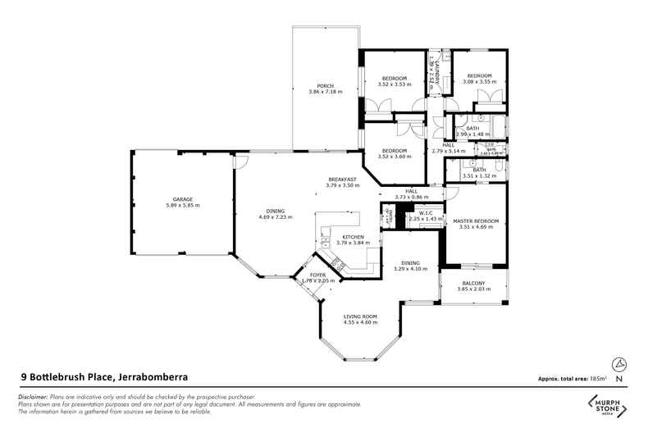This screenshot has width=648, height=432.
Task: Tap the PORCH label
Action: tap(325, 85)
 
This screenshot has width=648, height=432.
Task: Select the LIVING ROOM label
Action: tap(360, 316)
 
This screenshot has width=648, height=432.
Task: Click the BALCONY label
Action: tap(473, 283)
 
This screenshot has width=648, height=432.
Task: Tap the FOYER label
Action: tap(317, 275)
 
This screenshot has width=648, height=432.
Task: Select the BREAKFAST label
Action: tap(342, 180)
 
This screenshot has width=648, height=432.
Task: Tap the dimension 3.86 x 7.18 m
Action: tap(325, 92)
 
